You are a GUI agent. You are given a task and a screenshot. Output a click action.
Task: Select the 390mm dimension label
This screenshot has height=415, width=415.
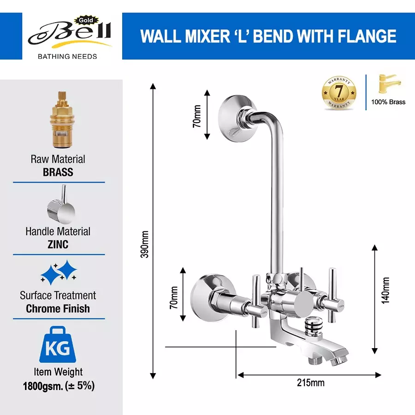click(144, 244)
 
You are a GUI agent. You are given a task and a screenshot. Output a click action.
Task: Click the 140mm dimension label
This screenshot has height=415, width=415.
click(385, 290)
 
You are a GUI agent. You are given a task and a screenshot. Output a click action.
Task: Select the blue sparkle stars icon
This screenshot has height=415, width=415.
click(59, 273)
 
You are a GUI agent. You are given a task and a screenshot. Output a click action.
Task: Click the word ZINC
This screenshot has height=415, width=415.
click(58, 244)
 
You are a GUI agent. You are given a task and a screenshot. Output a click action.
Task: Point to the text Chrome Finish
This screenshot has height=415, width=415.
click(58, 308)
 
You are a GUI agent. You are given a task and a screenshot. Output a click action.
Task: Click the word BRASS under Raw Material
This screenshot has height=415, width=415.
click(58, 172)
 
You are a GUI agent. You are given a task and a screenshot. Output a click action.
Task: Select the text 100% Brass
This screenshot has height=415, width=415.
click(388, 102)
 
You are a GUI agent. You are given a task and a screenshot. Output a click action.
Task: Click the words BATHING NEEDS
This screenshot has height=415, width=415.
click(67, 56)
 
